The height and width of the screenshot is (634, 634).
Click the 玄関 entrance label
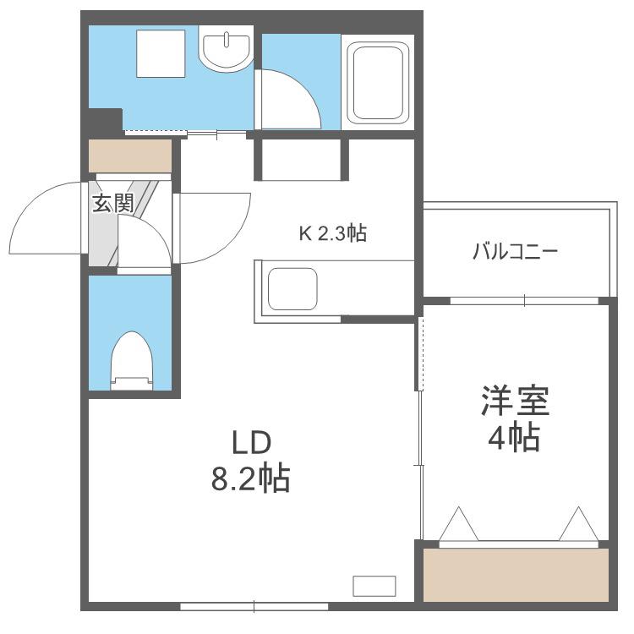(112, 203)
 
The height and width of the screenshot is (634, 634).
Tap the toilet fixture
(132, 361)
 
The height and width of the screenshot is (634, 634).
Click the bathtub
(378, 83)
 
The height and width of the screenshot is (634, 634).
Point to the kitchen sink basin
(292, 289)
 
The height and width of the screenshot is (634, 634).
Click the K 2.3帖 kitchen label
(333, 233)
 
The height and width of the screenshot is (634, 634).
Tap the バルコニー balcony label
(515, 252)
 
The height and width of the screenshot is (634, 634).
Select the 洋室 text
(515, 401)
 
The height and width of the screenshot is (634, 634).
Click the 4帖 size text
(514, 438)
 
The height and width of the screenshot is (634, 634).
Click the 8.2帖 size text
(251, 478)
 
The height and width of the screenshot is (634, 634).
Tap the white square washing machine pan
(161, 53)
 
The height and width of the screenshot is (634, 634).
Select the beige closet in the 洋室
(516, 575)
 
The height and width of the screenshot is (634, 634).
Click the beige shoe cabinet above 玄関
(130, 156)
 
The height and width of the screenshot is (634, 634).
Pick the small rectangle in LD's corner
(374, 586)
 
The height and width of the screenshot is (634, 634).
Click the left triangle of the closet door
(458, 524)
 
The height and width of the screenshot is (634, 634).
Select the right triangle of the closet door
(578, 524)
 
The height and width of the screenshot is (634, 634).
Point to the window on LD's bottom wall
(254, 606)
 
